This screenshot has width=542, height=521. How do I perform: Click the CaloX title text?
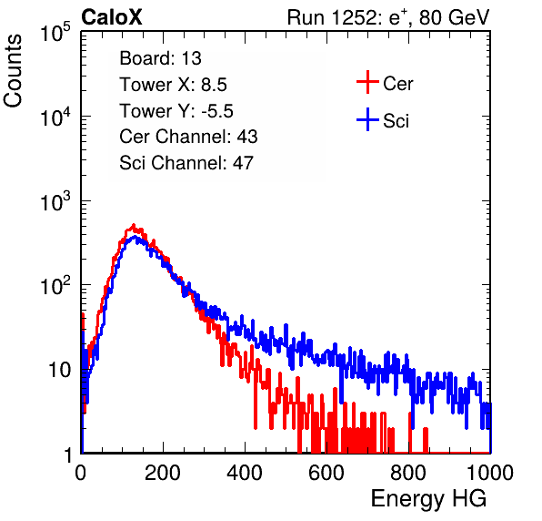coord(112,17)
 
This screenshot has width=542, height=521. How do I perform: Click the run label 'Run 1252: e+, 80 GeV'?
coord(388,17)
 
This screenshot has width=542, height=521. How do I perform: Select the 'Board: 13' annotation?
coord(160,58)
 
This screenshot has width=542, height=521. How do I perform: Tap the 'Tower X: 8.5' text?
coord(173,85)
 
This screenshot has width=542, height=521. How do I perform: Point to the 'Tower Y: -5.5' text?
coord(176,111)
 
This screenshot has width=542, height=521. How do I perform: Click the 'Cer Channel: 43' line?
coord(188,137)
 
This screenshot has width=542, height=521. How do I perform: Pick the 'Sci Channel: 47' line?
coord(186,163)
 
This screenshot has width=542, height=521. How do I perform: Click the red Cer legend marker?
coord(367,82)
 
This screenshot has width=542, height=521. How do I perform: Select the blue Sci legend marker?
coord(367,119)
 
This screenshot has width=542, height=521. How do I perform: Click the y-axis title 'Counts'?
coord(13,71)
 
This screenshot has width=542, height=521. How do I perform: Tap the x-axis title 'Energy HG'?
coord(428,498)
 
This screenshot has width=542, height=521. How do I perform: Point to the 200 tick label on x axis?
coord(163,473)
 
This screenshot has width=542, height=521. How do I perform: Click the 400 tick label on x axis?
coord(245,473)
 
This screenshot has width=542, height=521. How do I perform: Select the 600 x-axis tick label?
coord(326,473)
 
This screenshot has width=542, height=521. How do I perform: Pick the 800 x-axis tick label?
coord(408,473)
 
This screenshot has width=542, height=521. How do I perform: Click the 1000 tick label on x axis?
coord(490,473)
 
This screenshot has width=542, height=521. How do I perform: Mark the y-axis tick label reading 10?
coord(59,370)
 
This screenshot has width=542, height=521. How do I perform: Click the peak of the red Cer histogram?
coord(134,225)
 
